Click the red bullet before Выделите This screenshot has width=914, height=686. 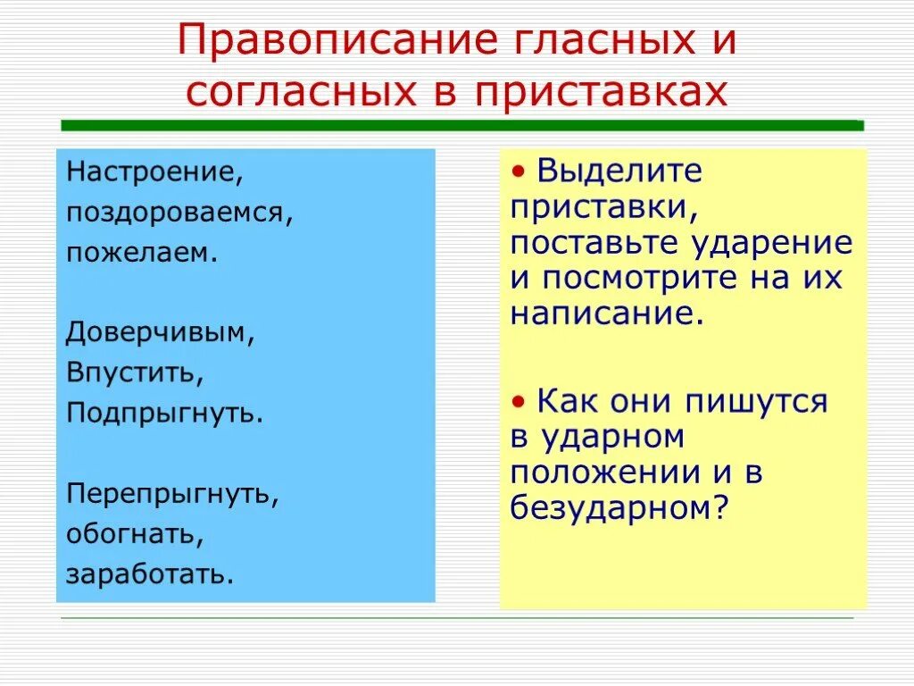pos(518,171)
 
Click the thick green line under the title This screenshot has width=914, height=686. pos(461,126)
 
